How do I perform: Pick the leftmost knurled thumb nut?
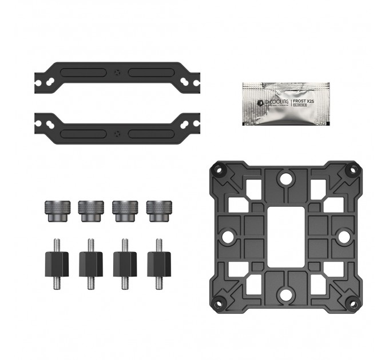(x=55, y=210)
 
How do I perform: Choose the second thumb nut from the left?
(x=90, y=210)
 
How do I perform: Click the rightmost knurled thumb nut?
(x=158, y=210)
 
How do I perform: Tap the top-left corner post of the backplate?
(x=218, y=169)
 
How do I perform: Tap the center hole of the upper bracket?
(x=117, y=73)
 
